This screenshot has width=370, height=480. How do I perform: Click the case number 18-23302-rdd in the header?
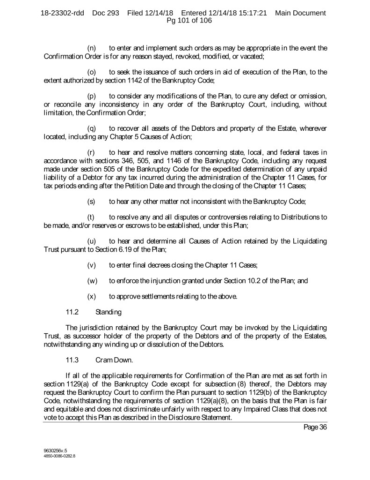62,13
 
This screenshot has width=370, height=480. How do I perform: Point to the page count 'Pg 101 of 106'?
185,21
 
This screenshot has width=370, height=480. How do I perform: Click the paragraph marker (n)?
92,48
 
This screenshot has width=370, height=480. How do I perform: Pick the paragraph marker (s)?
92,189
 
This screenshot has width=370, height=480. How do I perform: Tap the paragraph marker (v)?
92,265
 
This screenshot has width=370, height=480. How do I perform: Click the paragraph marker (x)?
92,296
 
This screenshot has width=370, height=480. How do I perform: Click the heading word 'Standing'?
109,311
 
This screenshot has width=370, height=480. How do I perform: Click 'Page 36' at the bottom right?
313,427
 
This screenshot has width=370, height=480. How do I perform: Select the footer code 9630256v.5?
52,450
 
